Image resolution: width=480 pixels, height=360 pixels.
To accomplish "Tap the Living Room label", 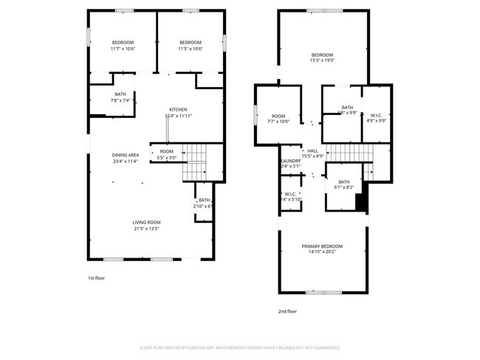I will [146, 222].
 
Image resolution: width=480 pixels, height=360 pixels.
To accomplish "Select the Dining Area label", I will [125, 155].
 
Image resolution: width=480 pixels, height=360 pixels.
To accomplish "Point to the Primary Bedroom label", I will [322, 246].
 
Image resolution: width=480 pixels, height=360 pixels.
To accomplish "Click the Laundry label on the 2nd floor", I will [290, 161].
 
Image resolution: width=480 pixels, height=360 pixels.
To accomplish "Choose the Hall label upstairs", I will [313, 150].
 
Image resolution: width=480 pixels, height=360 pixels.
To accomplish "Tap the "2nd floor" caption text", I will [287, 311].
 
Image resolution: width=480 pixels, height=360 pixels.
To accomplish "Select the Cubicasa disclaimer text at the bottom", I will [239, 347].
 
